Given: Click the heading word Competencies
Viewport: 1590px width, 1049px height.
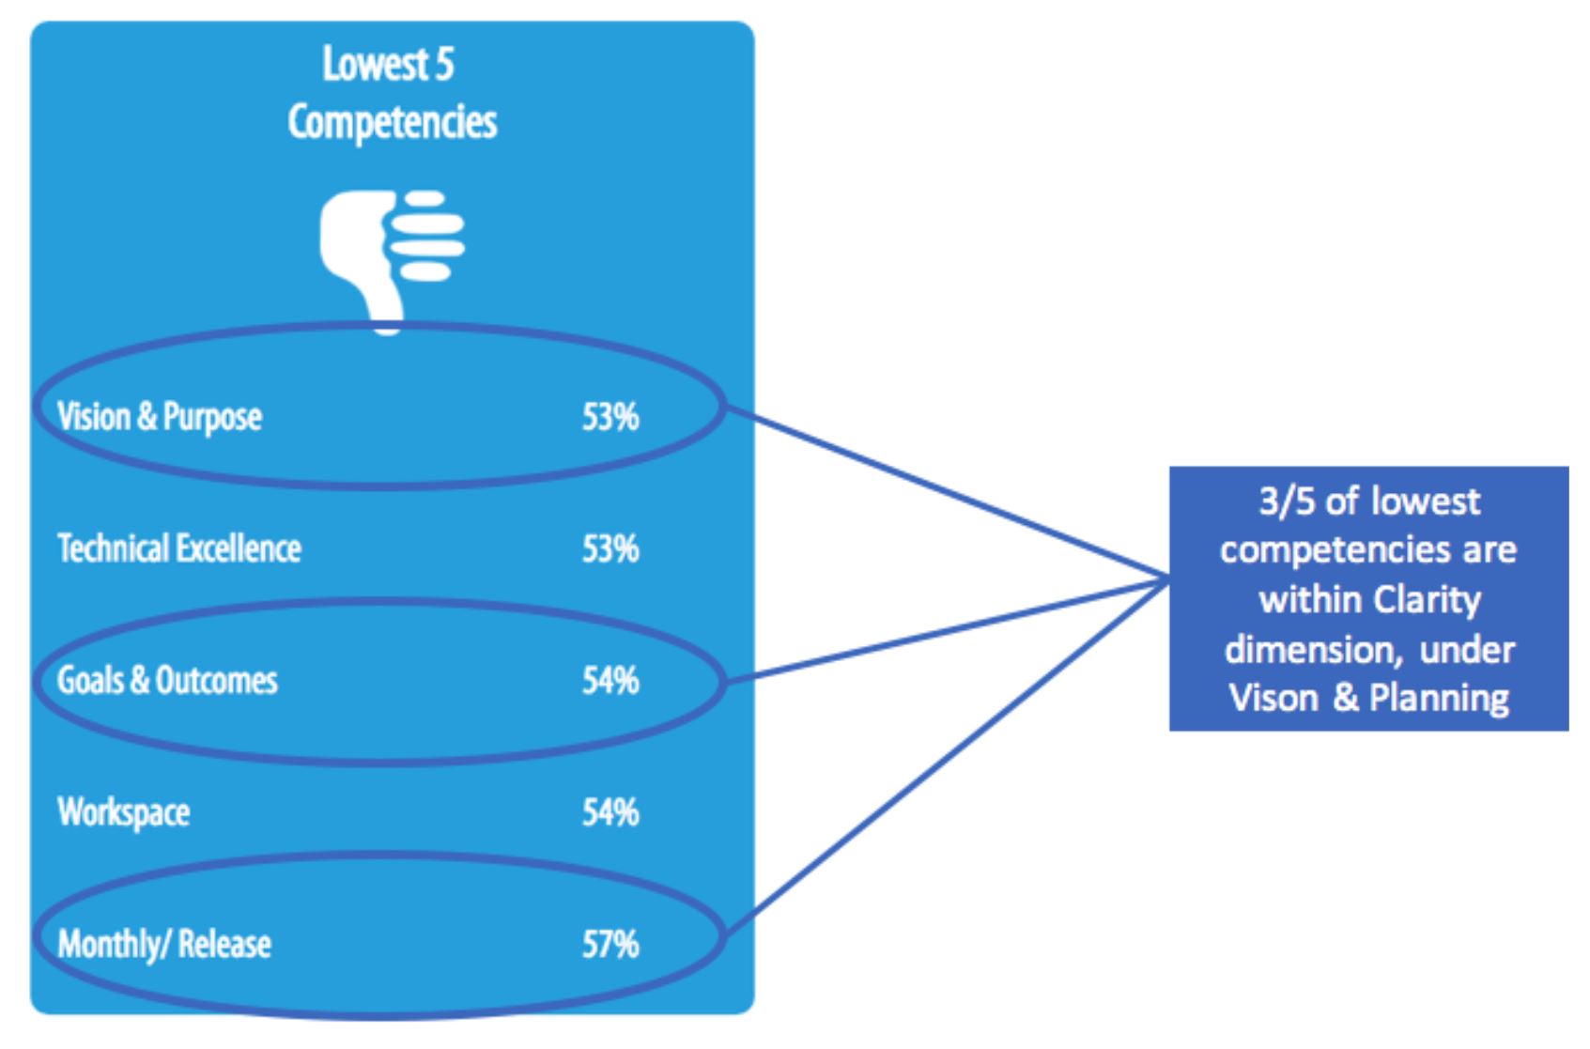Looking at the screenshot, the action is click(x=392, y=122).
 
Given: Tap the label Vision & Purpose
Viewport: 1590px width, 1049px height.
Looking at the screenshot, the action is click(x=160, y=417).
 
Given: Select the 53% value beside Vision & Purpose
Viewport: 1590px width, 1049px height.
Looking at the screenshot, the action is click(x=610, y=417).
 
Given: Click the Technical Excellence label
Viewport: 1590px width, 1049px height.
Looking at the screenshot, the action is click(x=179, y=548).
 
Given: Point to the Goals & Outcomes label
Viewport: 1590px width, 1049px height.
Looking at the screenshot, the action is click(x=167, y=680).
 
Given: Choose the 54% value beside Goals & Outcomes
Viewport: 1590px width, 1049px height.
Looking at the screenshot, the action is click(x=610, y=681).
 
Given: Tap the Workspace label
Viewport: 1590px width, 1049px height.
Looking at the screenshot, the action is click(x=124, y=812).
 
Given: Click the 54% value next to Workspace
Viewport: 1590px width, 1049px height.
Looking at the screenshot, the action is click(x=610, y=812).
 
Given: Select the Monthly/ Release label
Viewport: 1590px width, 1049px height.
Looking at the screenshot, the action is click(x=164, y=945).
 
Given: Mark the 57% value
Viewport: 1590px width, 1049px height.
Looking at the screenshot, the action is click(x=610, y=945).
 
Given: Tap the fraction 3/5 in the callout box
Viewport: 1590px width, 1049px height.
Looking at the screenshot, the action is click(x=1288, y=501).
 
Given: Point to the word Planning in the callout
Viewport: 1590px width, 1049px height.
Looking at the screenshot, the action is click(x=1440, y=699).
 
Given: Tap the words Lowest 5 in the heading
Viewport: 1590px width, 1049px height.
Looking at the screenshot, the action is click(x=388, y=64).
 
